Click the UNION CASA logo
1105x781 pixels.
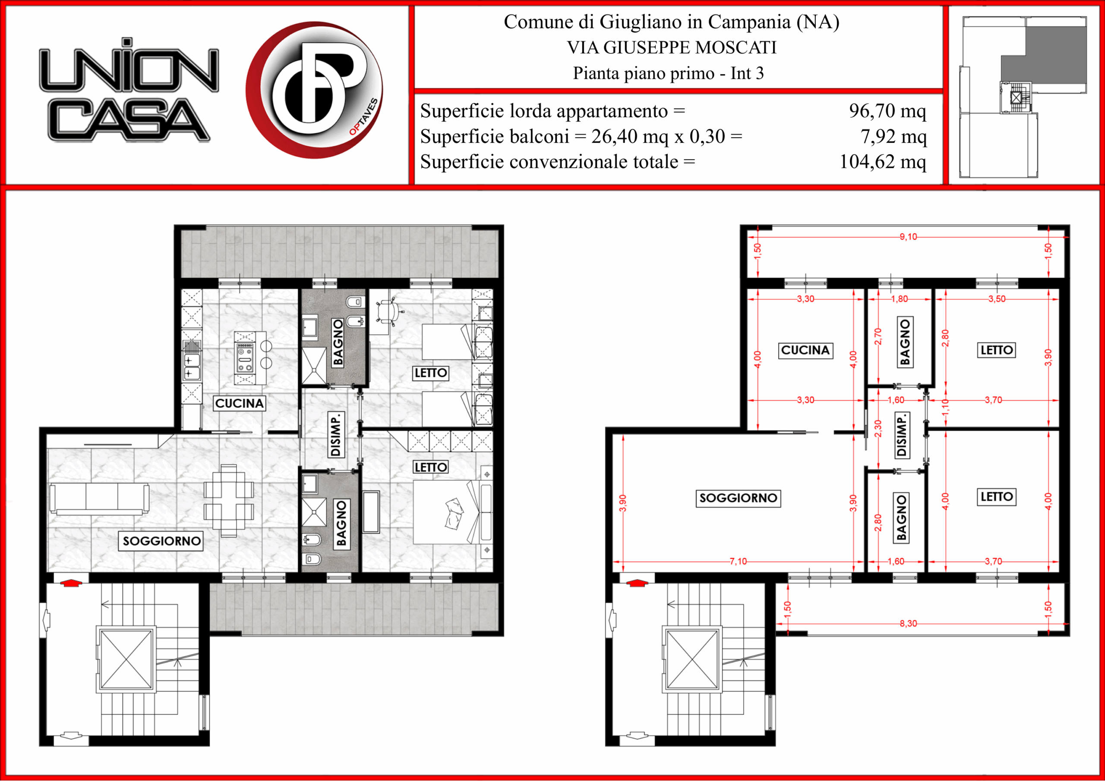[129, 90]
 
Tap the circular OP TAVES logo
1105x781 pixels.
[314, 90]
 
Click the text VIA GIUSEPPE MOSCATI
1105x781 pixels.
[672, 47]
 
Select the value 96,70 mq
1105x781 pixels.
[887, 111]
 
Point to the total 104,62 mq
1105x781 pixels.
[883, 162]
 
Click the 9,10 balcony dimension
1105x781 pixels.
[908, 237]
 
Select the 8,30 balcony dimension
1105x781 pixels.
[908, 623]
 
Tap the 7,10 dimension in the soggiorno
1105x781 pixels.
[738, 561]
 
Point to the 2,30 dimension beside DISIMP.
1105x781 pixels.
[878, 427]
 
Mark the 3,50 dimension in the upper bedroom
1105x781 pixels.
[997, 299]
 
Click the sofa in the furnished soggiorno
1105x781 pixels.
[99, 498]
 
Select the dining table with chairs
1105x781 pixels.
[229, 500]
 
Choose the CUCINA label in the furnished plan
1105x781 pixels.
[239, 403]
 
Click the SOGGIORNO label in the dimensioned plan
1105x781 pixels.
[738, 498]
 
